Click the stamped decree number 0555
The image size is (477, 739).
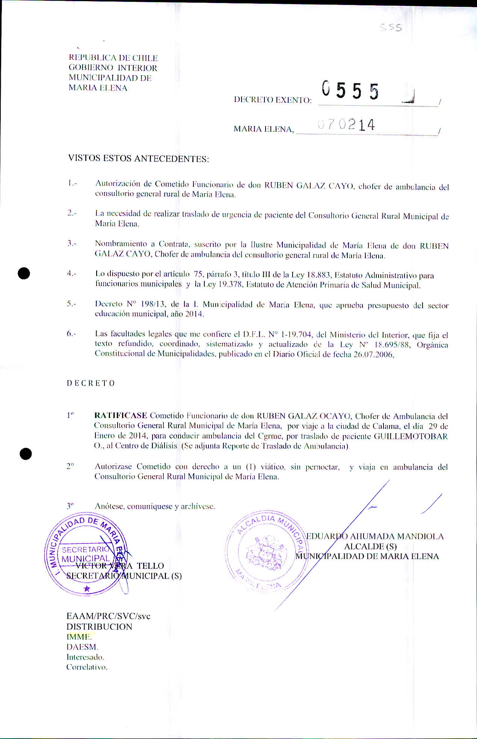tap(350, 91)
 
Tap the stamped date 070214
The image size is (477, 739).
tap(346, 125)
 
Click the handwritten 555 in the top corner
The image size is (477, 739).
tap(391, 28)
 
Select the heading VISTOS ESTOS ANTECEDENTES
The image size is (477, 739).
tap(138, 158)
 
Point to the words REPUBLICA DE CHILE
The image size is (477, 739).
tap(113, 58)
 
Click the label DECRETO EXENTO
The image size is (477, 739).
tap(273, 100)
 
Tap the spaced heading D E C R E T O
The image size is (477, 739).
tap(91, 383)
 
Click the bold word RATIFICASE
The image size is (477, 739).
tap(121, 416)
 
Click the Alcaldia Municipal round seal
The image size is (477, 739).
tap(264, 552)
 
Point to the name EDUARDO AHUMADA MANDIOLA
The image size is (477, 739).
tap(375, 536)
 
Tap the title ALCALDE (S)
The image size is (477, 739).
tap(370, 546)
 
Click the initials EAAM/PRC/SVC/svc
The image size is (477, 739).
tap(108, 616)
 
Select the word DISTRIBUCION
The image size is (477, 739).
tap(99, 627)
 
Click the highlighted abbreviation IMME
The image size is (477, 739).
tap(79, 637)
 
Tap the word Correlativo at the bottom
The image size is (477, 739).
tap(87, 667)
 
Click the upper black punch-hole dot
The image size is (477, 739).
tap(24, 273)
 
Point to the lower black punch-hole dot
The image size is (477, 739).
tap(26, 454)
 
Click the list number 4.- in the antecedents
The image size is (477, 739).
tap(71, 273)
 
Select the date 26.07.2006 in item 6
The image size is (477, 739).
tap(373, 354)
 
